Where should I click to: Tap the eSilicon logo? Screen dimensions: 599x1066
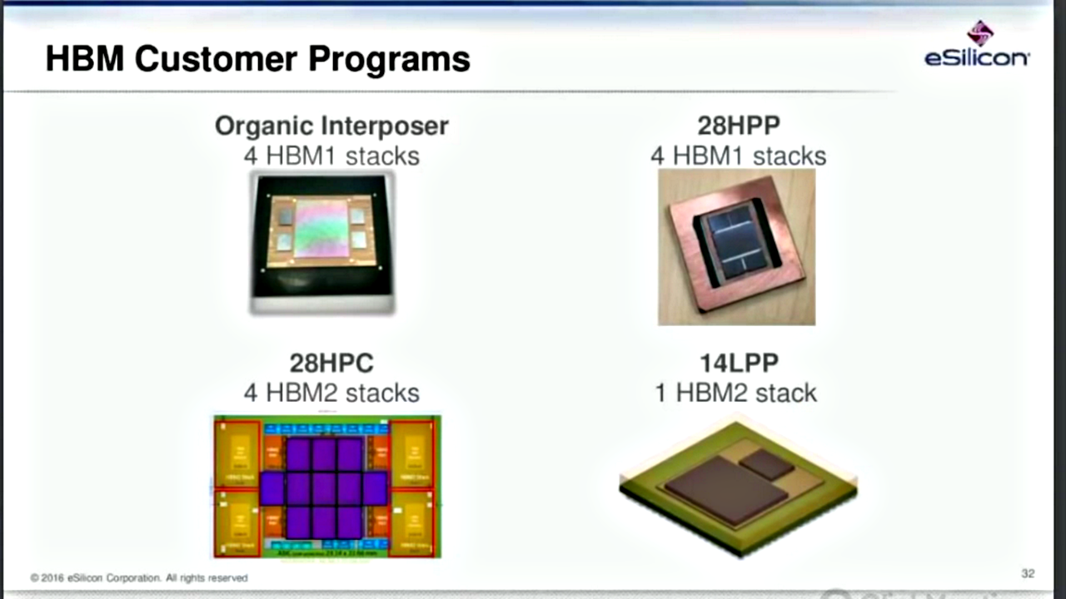point(978,47)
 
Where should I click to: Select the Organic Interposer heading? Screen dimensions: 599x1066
point(331,126)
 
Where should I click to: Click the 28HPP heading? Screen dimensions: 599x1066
point(738,126)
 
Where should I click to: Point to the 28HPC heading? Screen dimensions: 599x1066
point(331,363)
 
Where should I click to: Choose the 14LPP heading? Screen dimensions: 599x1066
point(738,363)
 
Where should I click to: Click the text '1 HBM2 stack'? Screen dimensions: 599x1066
point(735,393)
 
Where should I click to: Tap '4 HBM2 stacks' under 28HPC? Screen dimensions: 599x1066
point(331,393)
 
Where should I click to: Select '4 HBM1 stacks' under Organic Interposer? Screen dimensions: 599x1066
point(331,156)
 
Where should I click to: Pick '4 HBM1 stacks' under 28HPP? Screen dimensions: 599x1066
point(738,156)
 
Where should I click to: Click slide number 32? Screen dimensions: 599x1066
point(1028,573)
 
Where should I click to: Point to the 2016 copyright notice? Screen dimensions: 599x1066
point(139,577)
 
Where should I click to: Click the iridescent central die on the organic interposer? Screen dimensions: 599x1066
point(321,228)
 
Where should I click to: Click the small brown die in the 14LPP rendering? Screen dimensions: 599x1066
point(767,463)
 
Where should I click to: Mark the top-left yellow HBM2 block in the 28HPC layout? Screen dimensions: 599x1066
point(240,453)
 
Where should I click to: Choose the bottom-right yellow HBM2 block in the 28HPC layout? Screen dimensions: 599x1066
point(412,522)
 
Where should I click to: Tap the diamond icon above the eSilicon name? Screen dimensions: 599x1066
point(979,32)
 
